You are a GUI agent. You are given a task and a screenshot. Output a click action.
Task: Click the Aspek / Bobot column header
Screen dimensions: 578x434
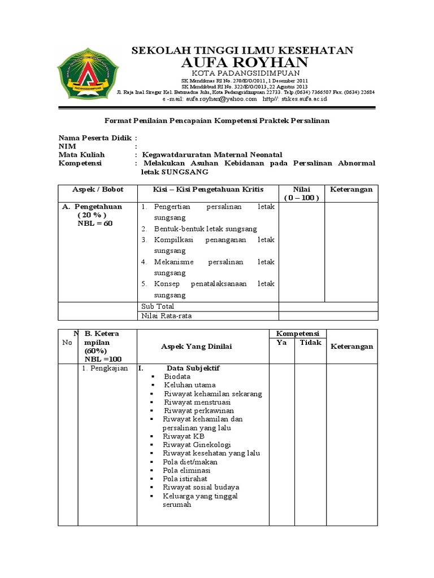pos(98,190)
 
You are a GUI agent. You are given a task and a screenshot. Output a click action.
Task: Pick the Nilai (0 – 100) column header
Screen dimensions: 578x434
pos(302,194)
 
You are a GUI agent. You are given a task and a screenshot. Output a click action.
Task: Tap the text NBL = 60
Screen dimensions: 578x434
pos(95,224)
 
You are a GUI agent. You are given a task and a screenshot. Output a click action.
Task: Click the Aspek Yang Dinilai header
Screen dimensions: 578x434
pos(197,346)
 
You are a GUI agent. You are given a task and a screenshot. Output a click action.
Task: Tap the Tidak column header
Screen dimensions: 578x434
pos(310,343)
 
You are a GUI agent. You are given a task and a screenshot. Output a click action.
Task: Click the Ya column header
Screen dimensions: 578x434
pos(281,343)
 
